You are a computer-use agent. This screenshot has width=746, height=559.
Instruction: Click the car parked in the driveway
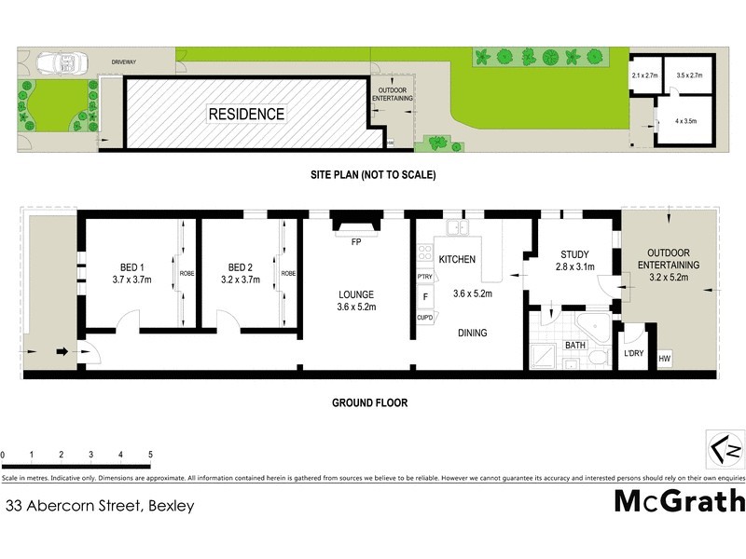point(60,62)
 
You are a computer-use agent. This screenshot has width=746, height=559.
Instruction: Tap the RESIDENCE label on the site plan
point(246,115)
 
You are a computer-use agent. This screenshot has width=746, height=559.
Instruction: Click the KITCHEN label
point(457,259)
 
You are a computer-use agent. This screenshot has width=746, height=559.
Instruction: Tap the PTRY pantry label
point(425,277)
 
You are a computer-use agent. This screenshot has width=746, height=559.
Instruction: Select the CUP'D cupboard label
point(425,318)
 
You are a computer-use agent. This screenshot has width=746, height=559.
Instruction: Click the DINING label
point(472,333)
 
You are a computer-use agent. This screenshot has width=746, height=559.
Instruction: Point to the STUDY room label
point(575,254)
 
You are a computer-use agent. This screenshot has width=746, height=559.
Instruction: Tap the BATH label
point(575,346)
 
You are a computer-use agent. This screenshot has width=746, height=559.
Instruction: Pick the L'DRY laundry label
point(633,355)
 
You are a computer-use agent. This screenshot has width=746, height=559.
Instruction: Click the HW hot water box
point(665,359)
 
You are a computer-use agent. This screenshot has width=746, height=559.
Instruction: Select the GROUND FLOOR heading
point(370,403)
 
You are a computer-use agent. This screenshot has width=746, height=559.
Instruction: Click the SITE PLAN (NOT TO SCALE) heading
point(373,174)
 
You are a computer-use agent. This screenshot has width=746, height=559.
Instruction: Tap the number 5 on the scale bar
point(150,455)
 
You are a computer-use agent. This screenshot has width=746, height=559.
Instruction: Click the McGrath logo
point(679,501)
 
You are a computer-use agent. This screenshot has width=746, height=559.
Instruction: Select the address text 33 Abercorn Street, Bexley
point(100,507)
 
